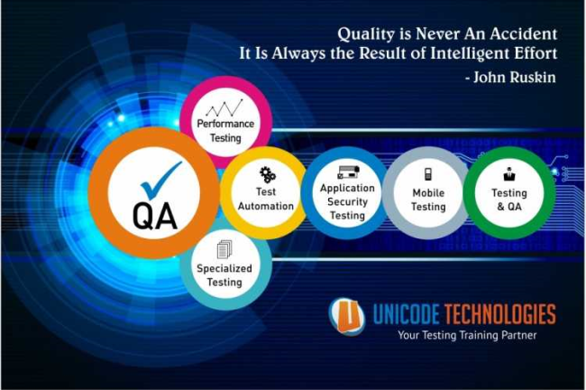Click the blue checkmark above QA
pos(159,181)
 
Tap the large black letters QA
pos(155,216)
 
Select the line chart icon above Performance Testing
pos(224,107)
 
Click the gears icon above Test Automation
pos(268,175)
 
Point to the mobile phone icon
pos(428,174)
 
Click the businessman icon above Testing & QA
pos(508,173)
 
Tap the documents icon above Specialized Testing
pos(224,249)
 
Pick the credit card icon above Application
pos(348,172)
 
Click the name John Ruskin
pos(515,78)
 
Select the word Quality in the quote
pos(366,34)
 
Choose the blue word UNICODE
pos(406,313)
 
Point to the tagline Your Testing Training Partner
pos(467,335)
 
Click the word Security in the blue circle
pos(348,201)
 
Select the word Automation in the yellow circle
pos(266,206)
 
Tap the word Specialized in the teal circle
pos(224,269)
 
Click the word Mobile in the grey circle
pos(428,193)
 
